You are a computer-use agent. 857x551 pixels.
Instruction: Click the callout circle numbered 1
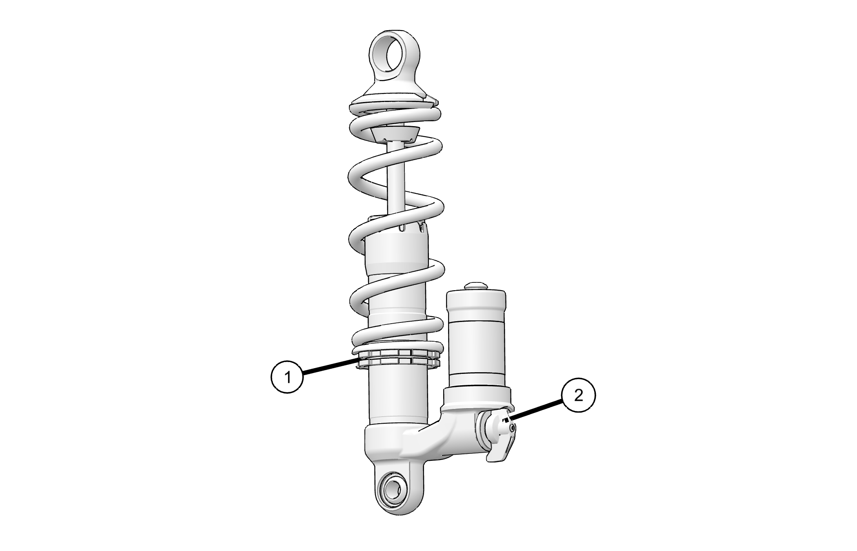pos(287,377)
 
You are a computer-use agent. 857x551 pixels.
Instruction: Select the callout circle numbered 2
pos(578,395)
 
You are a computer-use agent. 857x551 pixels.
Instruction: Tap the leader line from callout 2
pos(536,410)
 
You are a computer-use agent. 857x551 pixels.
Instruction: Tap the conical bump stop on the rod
pos(395,134)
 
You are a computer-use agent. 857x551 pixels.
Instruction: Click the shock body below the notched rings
pos(397,396)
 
